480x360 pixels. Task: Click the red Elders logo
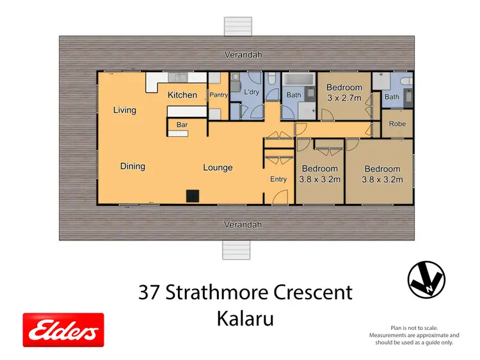tap(63, 330)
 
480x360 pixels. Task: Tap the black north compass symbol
tap(426, 280)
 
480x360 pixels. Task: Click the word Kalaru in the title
tap(245, 318)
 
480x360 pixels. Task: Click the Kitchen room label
tap(182, 95)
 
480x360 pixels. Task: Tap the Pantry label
tap(219, 95)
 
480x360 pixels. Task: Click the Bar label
tap(182, 125)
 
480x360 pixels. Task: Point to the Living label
tap(125, 110)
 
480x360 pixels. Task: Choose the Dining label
tap(132, 166)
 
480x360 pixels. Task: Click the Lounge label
tap(218, 168)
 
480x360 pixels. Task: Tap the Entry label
tap(278, 179)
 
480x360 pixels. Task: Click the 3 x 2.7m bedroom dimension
tap(344, 98)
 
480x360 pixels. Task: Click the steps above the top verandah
tap(233, 26)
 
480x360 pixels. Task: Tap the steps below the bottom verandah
tap(233, 250)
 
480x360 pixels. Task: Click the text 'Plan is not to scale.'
tap(414, 327)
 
